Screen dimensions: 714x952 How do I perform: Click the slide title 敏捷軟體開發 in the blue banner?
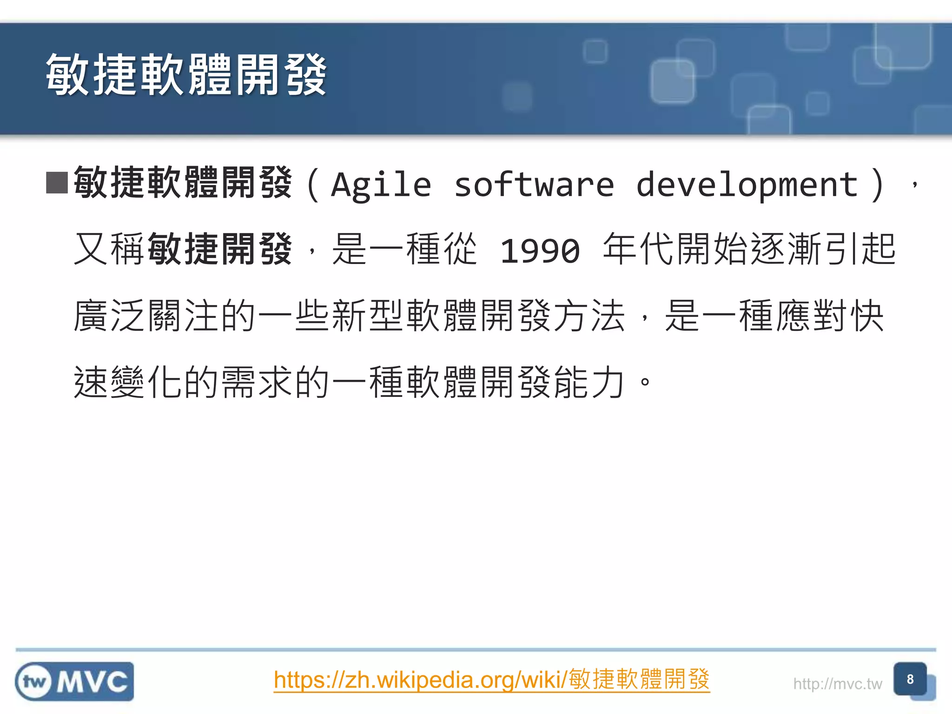[x=186, y=74]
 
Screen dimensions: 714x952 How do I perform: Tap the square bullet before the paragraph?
[x=57, y=183]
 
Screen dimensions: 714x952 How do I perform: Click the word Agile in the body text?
[x=381, y=185]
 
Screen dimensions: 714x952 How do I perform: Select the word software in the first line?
[x=534, y=185]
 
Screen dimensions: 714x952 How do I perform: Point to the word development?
[x=747, y=185]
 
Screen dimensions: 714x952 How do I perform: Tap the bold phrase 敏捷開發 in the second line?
[x=220, y=250]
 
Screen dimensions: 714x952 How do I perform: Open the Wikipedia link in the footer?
[x=491, y=680]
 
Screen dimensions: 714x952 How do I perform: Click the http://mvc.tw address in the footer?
[x=837, y=684]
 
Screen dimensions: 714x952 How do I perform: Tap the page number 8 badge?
[x=910, y=679]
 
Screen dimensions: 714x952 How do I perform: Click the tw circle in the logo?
[x=34, y=682]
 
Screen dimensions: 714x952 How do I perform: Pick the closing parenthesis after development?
[x=878, y=185]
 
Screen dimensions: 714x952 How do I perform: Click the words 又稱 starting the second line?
[x=110, y=250]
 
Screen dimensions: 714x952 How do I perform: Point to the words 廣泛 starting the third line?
[x=110, y=316]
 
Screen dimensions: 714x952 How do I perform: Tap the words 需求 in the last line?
[x=258, y=382]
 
